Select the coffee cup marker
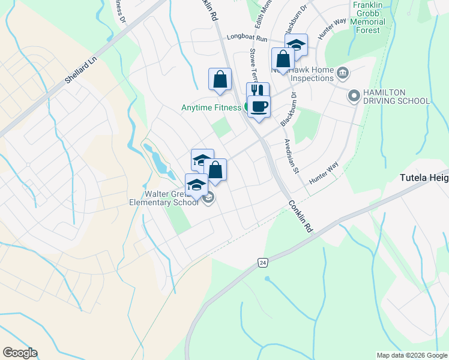(x=259, y=106)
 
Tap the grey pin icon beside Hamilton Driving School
(x=354, y=95)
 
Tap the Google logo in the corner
(x=20, y=353)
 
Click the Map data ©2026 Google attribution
(x=412, y=355)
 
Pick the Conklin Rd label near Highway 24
(x=300, y=216)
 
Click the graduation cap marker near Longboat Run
(x=295, y=44)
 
